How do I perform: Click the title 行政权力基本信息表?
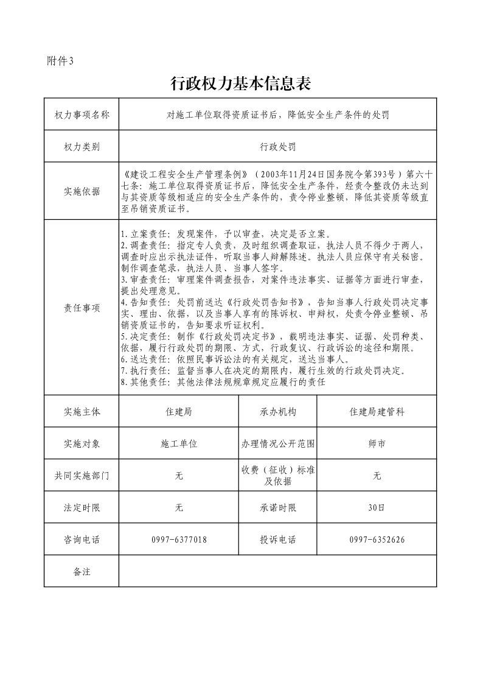[x=241, y=83]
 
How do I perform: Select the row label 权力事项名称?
[x=82, y=115]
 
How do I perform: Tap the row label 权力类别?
[x=82, y=147]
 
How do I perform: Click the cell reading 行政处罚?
[x=277, y=147]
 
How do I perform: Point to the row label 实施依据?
[x=82, y=191]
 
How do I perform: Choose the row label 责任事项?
[x=82, y=308]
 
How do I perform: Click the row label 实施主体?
[x=82, y=412]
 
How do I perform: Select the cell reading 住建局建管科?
[x=377, y=412]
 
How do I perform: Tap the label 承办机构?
[x=277, y=412]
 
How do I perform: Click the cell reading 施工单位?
[x=179, y=444]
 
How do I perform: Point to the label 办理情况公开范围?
[x=277, y=444]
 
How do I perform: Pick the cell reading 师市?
[x=377, y=444]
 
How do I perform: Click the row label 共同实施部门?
[x=82, y=476]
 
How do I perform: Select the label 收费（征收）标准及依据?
[x=277, y=476]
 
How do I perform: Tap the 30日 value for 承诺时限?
[x=377, y=507]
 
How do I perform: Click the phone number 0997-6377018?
[x=179, y=540]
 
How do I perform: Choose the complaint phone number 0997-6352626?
[x=377, y=540]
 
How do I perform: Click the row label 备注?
[x=82, y=571]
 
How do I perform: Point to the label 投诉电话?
[x=277, y=540]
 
